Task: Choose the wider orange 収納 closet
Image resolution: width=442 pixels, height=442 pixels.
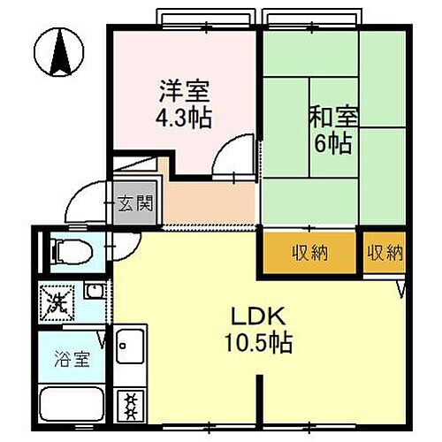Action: pyautogui.click(x=309, y=254)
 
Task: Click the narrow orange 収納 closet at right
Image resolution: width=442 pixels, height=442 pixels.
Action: pyautogui.click(x=385, y=254)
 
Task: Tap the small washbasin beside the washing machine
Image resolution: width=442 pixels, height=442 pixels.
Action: pyautogui.click(x=92, y=290)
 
